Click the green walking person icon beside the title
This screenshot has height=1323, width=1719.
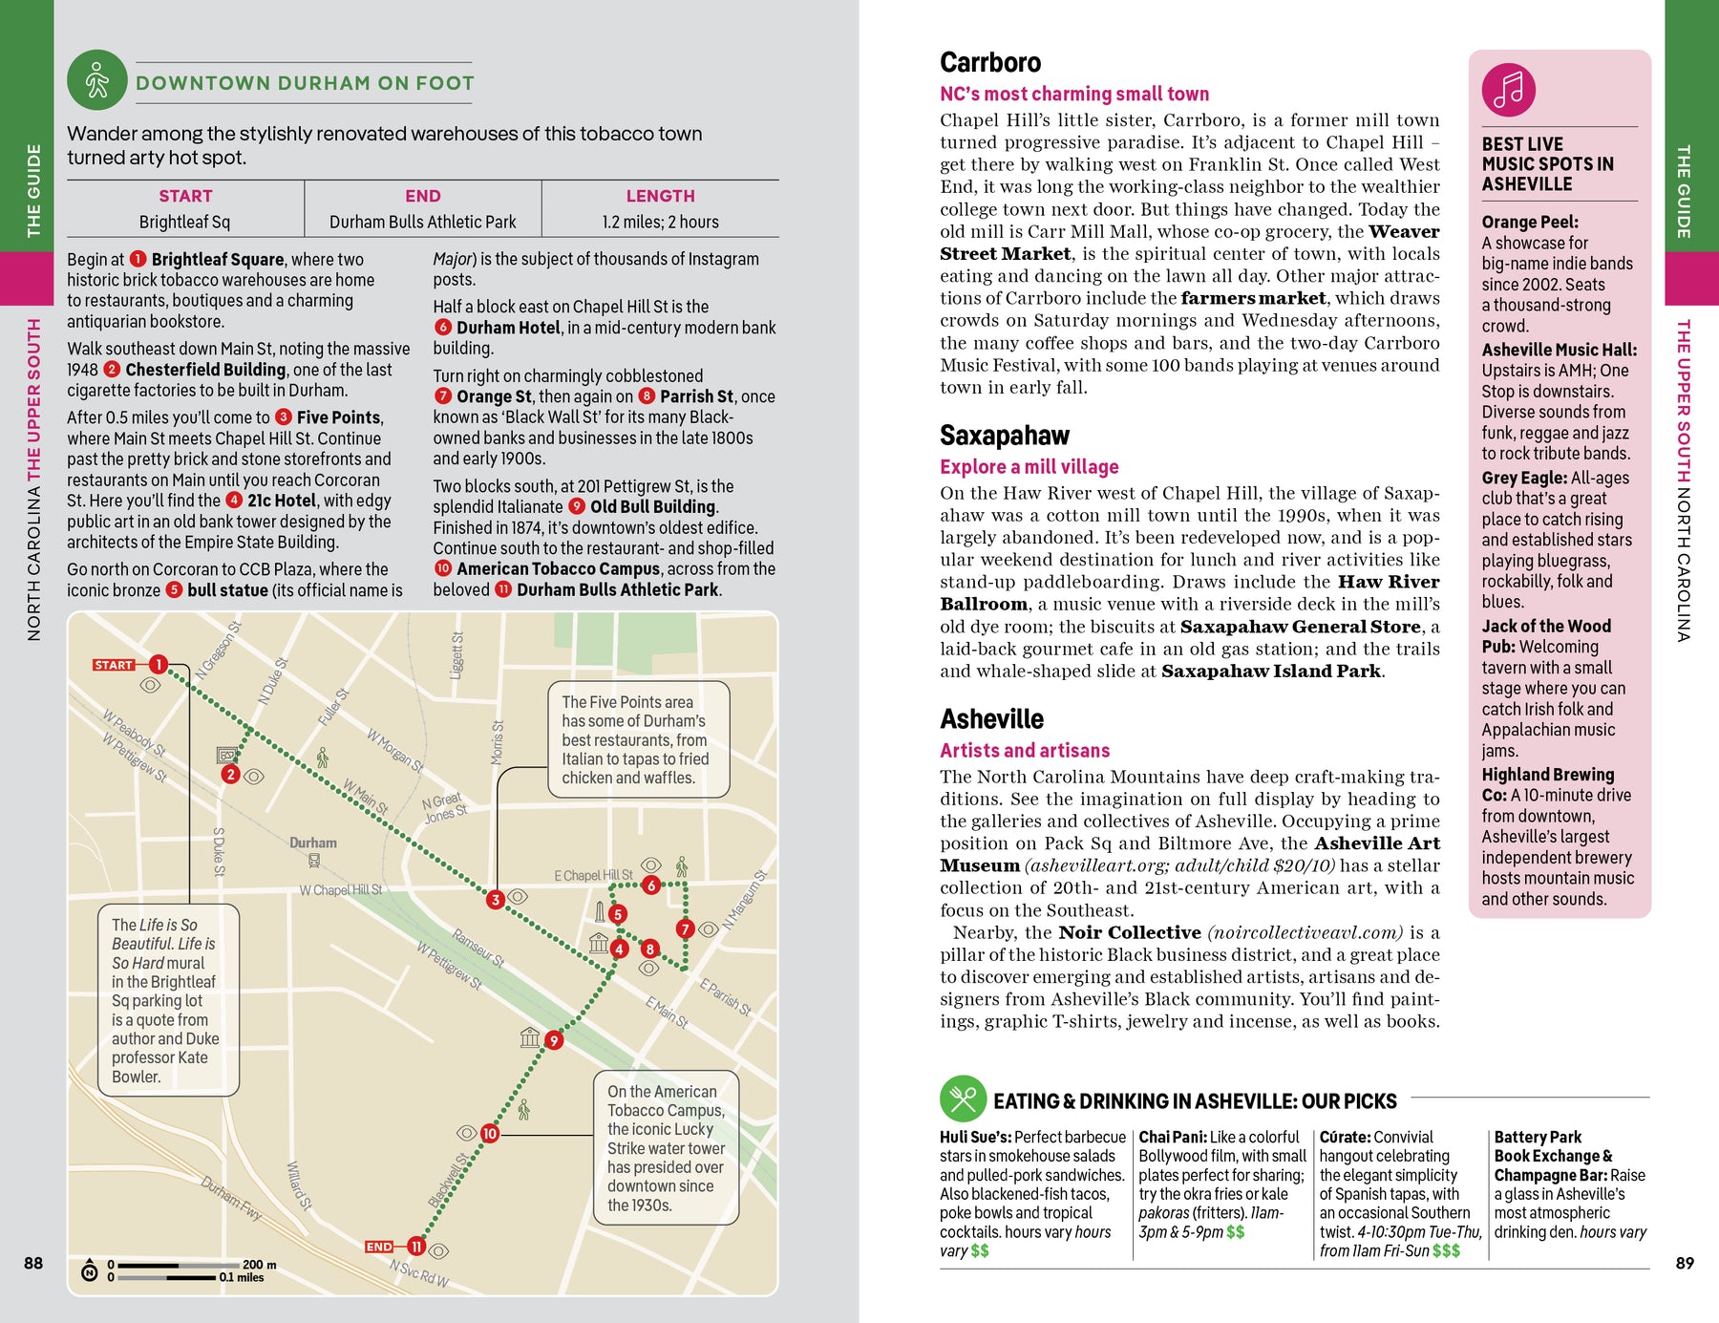[x=96, y=80]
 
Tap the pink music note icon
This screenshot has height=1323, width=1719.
[x=1508, y=90]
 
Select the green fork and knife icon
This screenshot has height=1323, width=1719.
[x=963, y=1099]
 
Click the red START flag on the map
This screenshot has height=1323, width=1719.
[x=114, y=665]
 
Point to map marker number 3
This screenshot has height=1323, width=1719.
[x=495, y=899]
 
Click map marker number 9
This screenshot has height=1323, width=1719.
[x=554, y=1040]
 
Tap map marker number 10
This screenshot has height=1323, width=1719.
[x=489, y=1133]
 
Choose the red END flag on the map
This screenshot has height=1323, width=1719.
[x=379, y=1247]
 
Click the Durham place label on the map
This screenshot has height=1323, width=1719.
[x=313, y=843]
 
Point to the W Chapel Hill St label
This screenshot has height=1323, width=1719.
[x=340, y=890]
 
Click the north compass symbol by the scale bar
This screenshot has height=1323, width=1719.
[x=90, y=1270]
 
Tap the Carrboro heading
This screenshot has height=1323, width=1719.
[x=990, y=63]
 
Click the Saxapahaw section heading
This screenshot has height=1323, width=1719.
[x=1004, y=436]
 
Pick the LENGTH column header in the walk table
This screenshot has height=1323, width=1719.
[x=660, y=196]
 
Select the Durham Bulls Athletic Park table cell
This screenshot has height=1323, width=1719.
[x=422, y=222]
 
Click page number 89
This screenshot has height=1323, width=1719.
[x=1685, y=1263]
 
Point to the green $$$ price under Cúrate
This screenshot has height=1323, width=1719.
[x=1446, y=1250]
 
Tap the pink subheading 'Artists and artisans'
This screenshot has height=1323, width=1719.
[x=1025, y=750]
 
